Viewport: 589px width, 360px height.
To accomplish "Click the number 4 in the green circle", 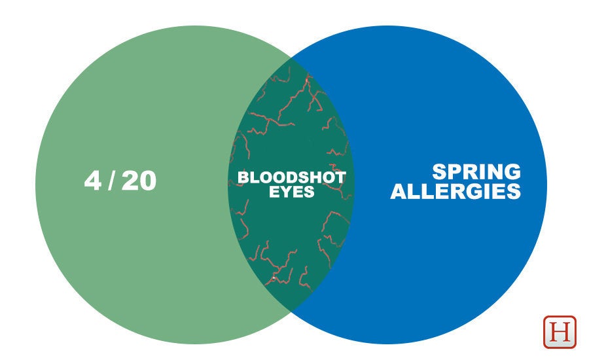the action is tap(93, 181).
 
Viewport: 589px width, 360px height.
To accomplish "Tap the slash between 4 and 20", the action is tap(111, 181).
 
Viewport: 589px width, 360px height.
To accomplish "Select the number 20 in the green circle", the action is tap(139, 181).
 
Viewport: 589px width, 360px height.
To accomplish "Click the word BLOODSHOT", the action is tap(292, 177).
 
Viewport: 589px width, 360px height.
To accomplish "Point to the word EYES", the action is tap(291, 192).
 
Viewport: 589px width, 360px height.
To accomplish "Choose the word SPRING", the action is tap(476, 171).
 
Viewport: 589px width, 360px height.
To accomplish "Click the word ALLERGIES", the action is tap(455, 191).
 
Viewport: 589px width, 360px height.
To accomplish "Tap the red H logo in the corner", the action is tap(560, 332).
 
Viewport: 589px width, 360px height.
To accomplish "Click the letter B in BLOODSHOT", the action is tap(243, 177).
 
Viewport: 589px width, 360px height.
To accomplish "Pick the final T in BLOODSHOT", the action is tap(340, 177).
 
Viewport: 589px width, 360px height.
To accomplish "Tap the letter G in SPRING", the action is tap(512, 171).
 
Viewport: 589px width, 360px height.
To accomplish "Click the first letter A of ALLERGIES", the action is tap(399, 191).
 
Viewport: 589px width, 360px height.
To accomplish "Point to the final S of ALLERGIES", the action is tap(514, 191).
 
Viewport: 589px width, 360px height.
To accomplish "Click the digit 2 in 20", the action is tap(130, 181).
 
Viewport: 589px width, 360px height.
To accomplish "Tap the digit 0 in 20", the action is tap(148, 181).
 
